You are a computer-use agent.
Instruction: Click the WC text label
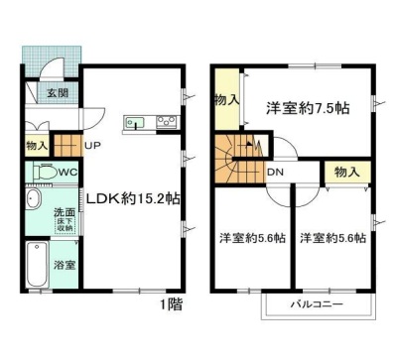[x=67, y=173]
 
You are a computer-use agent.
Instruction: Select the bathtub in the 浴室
[x=35, y=265]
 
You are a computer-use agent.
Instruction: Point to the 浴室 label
[x=64, y=265]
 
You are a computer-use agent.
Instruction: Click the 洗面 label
[x=64, y=212]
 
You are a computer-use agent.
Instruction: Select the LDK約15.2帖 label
[x=131, y=196]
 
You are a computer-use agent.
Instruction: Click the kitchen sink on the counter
[x=135, y=123]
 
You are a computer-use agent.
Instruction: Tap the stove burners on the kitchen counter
[x=165, y=122]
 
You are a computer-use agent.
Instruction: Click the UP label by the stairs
[x=92, y=147]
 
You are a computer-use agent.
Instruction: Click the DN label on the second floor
[x=275, y=172]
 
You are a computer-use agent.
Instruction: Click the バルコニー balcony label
[x=318, y=301]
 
